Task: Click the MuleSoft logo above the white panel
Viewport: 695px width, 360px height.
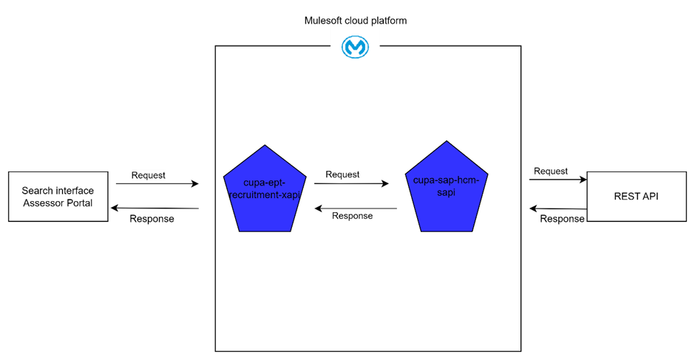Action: [355, 47]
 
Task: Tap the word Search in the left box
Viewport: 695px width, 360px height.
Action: [38, 191]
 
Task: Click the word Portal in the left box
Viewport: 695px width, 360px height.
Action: [78, 203]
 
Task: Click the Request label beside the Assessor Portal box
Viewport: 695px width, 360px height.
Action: [148, 176]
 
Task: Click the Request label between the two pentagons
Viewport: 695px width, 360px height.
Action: [342, 174]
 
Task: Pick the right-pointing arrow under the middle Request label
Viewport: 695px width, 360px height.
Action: [347, 184]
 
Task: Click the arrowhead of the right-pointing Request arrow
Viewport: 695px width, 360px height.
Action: [384, 184]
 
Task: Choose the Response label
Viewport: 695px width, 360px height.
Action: [352, 216]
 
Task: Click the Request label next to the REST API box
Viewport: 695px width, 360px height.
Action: [551, 171]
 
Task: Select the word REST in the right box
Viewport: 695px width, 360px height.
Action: [625, 197]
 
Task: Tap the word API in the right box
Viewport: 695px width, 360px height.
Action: [649, 197]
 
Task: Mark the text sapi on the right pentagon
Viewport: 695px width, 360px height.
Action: [447, 191]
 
